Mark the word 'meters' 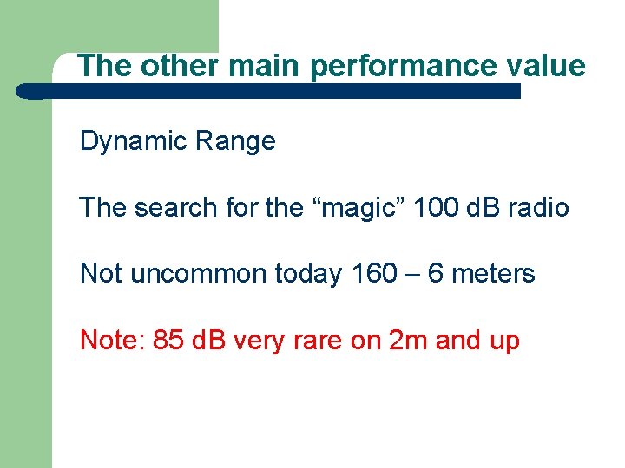494,274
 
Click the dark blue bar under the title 269,91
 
